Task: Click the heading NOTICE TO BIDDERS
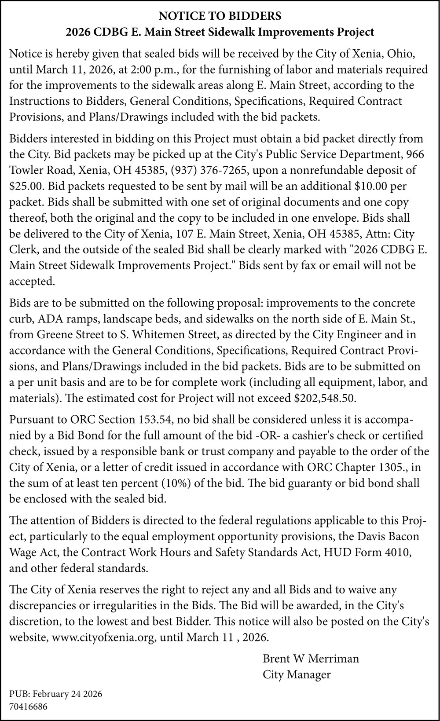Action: (220, 17)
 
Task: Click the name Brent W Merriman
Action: (311, 659)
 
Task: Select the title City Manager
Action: (297, 674)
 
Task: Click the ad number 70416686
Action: (28, 706)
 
